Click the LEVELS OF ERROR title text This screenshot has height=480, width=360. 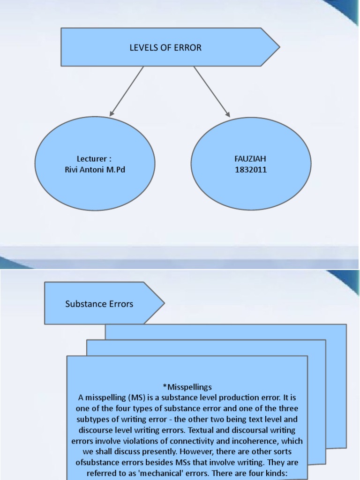coord(165,47)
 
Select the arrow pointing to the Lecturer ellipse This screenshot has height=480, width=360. coord(126,91)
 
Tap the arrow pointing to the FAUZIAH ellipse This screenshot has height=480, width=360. coord(212,92)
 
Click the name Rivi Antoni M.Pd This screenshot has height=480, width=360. coord(95,169)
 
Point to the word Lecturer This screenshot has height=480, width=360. coord(92,159)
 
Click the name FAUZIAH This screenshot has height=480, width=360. coord(251,159)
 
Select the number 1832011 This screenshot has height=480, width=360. coord(251,170)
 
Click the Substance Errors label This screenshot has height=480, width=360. coord(99,304)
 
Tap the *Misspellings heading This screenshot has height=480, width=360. coord(187,387)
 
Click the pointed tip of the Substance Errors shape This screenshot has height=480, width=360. coord(164,303)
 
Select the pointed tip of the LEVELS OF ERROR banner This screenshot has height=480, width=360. coord(279,47)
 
